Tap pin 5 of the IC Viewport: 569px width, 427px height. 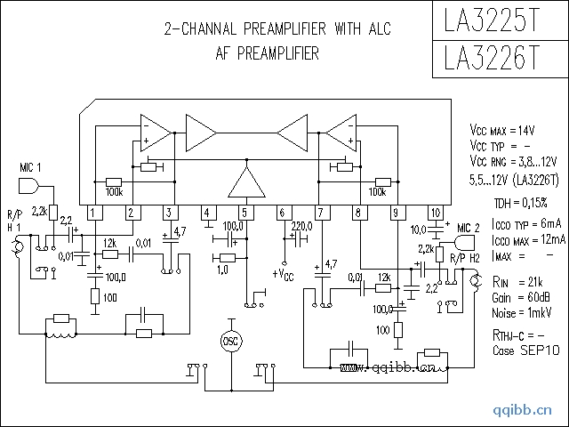tap(244, 213)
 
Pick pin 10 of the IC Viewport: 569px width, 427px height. tap(435, 213)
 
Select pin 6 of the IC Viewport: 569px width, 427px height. tap(283, 213)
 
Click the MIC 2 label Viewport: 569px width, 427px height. tap(468, 229)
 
